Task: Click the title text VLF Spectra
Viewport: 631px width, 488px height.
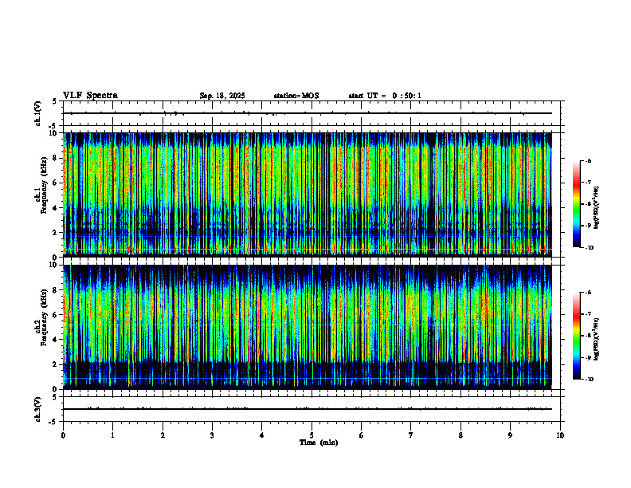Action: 90,96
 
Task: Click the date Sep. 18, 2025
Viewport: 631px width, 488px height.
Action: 222,96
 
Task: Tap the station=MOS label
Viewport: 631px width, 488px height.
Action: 296,96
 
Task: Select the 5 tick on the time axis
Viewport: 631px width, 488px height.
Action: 312,435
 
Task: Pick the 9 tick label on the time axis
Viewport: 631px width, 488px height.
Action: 511,435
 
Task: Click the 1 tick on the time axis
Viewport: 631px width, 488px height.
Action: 113,435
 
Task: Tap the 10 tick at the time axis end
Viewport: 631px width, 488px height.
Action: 560,435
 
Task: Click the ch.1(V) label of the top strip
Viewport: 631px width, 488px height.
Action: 38,113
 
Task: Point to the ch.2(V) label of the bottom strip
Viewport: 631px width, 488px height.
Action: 38,408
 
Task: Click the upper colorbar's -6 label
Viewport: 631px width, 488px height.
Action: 589,161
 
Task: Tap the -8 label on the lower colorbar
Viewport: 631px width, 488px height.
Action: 589,336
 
